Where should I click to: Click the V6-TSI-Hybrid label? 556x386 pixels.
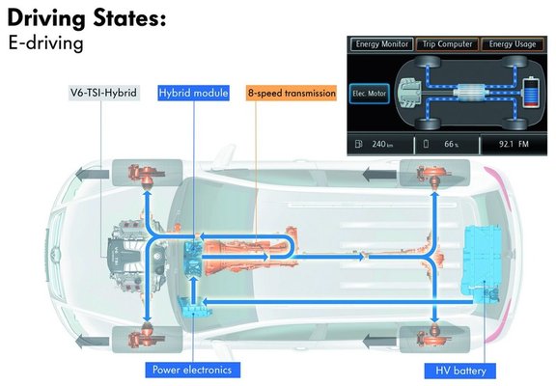(104, 93)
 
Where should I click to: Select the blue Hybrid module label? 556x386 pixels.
(193, 93)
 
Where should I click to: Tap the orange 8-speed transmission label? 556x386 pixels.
(292, 93)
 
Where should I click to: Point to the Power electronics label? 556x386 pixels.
(192, 370)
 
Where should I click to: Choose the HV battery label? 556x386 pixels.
(460, 371)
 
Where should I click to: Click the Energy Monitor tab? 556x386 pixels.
(381, 44)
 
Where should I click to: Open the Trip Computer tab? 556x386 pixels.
(447, 44)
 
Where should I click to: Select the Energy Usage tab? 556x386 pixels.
(513, 44)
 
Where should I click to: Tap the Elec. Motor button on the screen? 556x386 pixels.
(369, 94)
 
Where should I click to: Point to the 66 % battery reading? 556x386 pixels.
(451, 144)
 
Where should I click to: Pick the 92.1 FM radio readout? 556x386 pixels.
(514, 144)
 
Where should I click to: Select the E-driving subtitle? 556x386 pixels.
(45, 42)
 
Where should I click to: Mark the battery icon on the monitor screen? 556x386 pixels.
(531, 92)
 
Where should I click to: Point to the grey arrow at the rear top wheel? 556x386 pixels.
(379, 174)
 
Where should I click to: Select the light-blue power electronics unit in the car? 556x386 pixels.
(194, 307)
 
